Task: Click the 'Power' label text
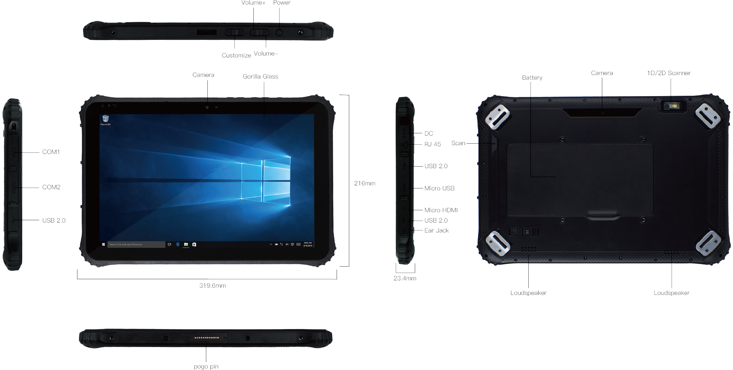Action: (281, 3)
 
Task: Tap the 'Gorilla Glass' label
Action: (260, 77)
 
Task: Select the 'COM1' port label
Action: (51, 152)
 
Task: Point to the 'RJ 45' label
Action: (432, 144)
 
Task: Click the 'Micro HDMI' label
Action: (440, 210)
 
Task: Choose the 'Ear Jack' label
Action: (436, 231)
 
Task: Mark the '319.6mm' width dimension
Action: (212, 286)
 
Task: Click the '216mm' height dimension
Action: (364, 183)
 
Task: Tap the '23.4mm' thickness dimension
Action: (404, 278)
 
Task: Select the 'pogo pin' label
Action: (206, 367)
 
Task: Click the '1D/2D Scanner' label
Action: (668, 73)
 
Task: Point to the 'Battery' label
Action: (532, 78)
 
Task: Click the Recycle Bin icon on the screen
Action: (105, 119)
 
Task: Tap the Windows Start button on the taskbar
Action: (104, 244)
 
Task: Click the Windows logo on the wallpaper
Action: (266, 180)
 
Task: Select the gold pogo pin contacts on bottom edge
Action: (207, 338)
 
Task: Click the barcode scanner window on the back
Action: (672, 106)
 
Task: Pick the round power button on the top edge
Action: (279, 33)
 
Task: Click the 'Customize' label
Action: (236, 56)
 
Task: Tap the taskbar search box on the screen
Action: (136, 244)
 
